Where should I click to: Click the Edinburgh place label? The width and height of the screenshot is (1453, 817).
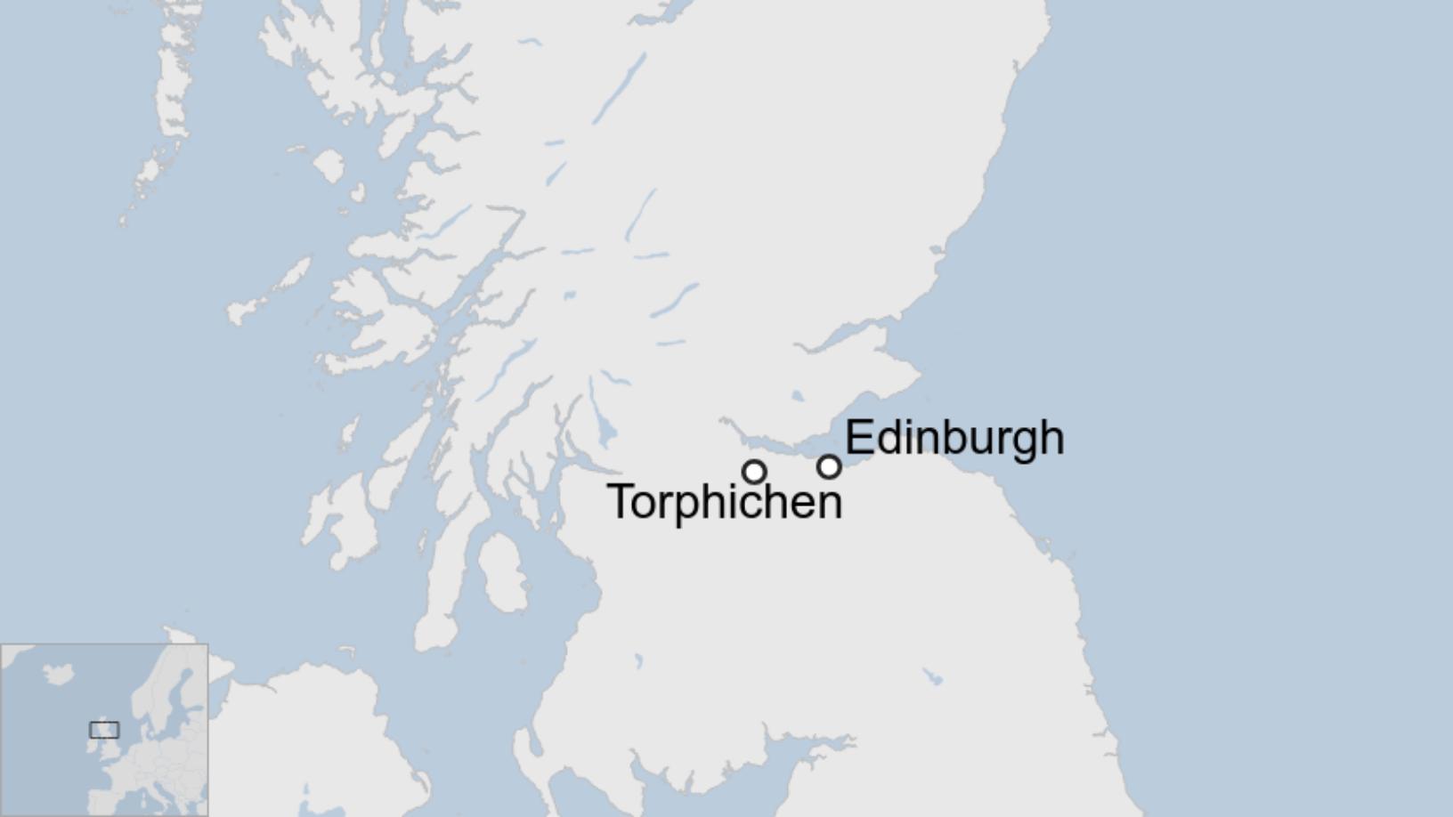[954, 438]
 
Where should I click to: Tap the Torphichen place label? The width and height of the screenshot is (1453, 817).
[724, 502]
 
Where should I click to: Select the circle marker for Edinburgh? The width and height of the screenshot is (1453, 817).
[829, 466]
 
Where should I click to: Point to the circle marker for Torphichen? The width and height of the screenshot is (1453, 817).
[754, 472]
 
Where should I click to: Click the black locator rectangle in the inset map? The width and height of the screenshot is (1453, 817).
[104, 730]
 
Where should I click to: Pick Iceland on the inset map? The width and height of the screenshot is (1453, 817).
[59, 674]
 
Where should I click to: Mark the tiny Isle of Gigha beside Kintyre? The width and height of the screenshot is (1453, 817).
[422, 540]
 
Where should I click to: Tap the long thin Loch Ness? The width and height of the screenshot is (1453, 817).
[619, 89]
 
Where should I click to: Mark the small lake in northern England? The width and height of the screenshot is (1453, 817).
[932, 677]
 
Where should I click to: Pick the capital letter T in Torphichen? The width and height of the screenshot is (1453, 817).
[621, 501]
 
